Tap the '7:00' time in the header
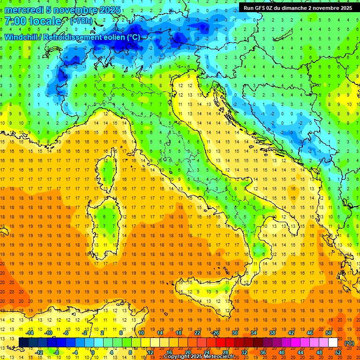coord(15,21)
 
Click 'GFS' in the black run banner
coord(261,7)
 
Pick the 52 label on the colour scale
coord(338,352)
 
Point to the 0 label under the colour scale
coord(93,352)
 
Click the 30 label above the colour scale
coord(234,332)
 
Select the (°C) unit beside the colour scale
coord(349,343)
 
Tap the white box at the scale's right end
coord(333,343)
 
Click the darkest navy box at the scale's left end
coord(23,343)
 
